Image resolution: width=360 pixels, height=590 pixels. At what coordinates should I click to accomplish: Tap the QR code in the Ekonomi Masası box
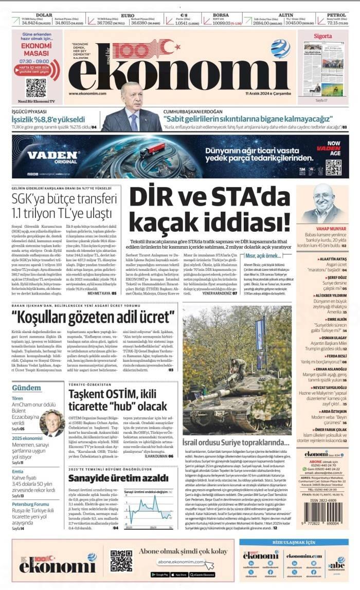36,87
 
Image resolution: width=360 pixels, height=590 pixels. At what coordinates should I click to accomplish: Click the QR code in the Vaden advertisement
333,167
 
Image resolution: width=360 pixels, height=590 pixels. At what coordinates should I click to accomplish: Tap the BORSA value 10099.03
224,23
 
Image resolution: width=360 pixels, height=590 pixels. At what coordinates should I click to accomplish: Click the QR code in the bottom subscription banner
121,561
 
